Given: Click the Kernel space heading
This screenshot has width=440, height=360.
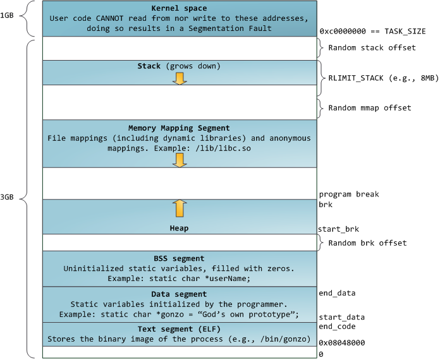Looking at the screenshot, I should pyautogui.click(x=179, y=8).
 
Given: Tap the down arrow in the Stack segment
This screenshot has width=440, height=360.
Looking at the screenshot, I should pyautogui.click(x=179, y=78).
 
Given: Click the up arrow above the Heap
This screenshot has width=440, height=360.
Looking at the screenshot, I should pyautogui.click(x=179, y=207).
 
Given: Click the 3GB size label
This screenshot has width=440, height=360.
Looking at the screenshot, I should pyautogui.click(x=8, y=197).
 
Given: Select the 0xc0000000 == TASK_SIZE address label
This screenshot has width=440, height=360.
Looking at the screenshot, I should pyautogui.click(x=372, y=31).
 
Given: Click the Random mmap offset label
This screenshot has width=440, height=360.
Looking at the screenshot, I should pyautogui.click(x=370, y=108).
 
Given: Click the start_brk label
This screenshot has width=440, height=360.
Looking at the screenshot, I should pyautogui.click(x=338, y=229).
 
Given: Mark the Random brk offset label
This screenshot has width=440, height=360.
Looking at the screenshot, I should pyautogui.click(x=367, y=243).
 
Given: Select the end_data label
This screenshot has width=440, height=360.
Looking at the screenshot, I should pyautogui.click(x=337, y=293).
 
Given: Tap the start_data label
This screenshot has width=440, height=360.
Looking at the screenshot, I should pyautogui.click(x=342, y=317).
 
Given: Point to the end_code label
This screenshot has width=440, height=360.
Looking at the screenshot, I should pyautogui.click(x=337, y=327).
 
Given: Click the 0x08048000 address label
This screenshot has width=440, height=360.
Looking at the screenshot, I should pyautogui.click(x=342, y=343).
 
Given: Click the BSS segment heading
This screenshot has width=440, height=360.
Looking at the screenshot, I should pyautogui.click(x=179, y=258).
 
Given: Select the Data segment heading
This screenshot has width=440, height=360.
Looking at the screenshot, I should pyautogui.click(x=179, y=294).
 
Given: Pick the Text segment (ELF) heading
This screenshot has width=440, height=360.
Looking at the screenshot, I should pyautogui.click(x=179, y=330).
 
